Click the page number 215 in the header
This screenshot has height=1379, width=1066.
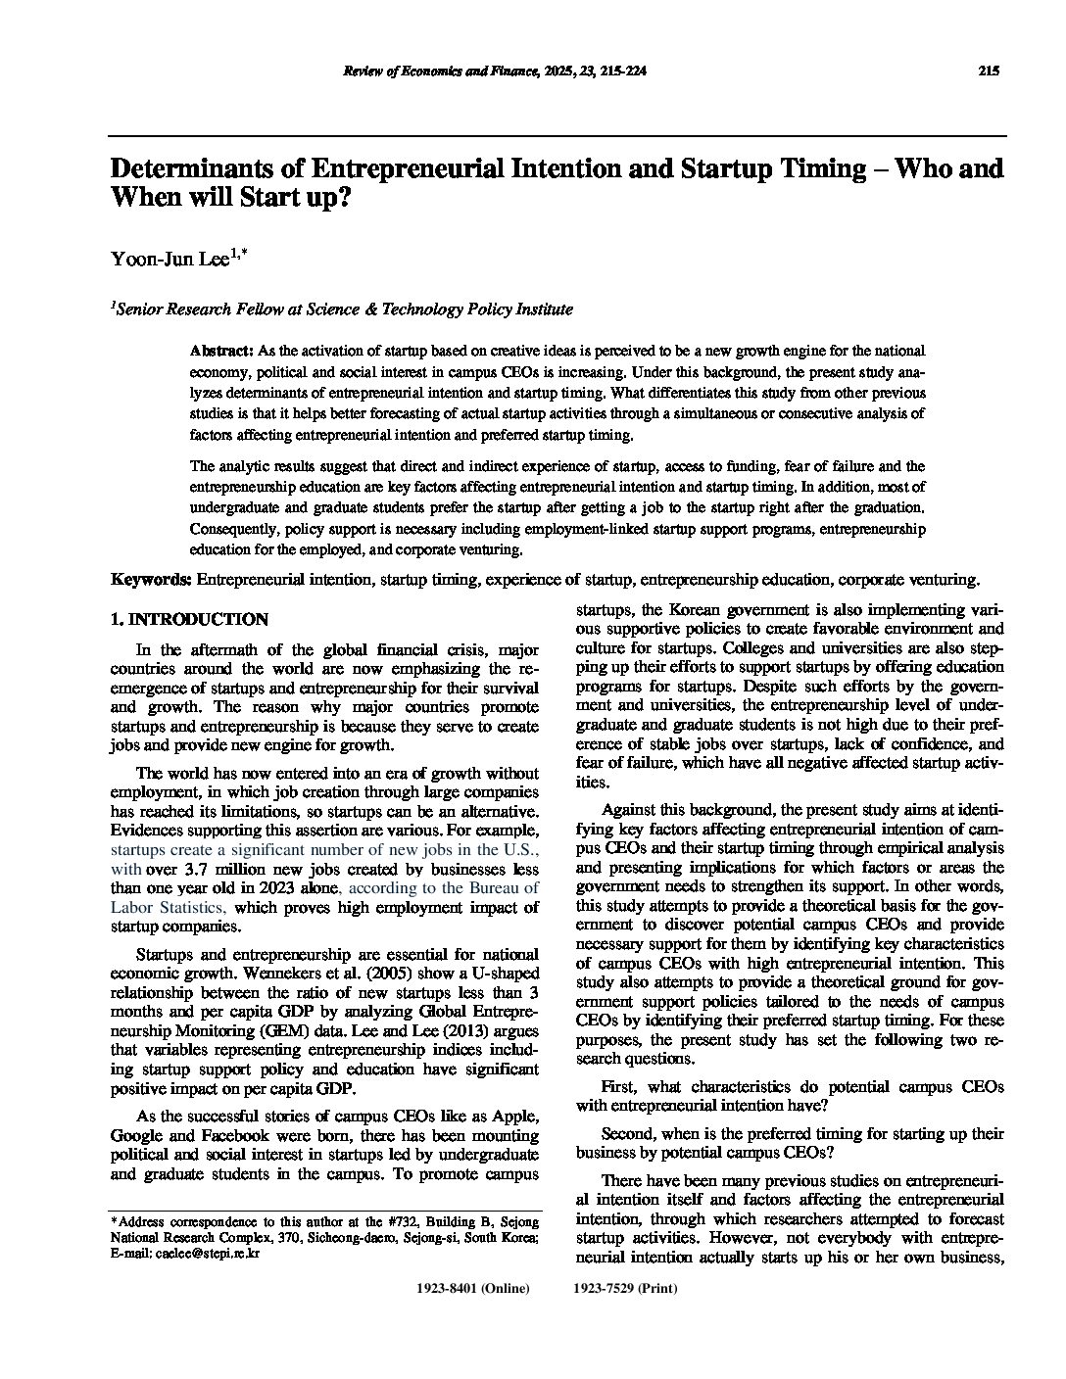pyautogui.click(x=988, y=71)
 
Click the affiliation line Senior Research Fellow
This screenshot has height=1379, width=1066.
pyautogui.click(x=343, y=309)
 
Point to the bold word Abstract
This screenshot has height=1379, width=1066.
pyautogui.click(x=221, y=351)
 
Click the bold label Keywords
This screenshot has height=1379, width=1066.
pyautogui.click(x=152, y=580)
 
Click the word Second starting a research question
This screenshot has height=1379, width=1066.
pyautogui.click(x=627, y=1134)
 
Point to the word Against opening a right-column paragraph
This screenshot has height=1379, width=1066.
pyautogui.click(x=630, y=810)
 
